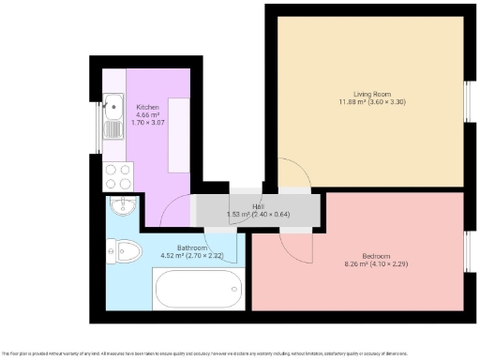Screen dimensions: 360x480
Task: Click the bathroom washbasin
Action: pos(122,204)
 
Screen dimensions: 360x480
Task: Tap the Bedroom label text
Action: pos(377,255)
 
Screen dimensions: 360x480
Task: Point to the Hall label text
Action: pos(258,206)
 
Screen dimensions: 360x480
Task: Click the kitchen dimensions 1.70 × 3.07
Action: pos(148,124)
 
